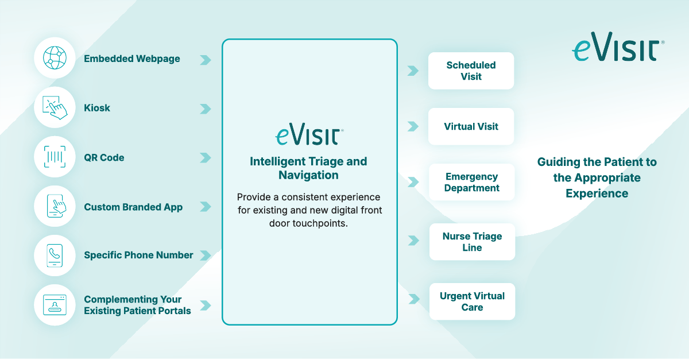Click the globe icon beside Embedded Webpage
tap(55, 58)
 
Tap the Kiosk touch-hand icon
tap(55, 107)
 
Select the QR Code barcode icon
tap(55, 157)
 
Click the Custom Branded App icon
tap(55, 207)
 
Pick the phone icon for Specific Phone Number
tap(55, 255)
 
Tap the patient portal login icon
tap(55, 304)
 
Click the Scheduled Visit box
tap(471, 71)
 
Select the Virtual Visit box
tap(471, 126)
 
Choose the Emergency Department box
tap(472, 182)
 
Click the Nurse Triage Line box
tap(472, 242)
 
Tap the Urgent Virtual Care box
tap(472, 301)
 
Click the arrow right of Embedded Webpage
tap(205, 59)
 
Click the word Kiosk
tap(97, 108)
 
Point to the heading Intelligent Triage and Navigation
tap(308, 168)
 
